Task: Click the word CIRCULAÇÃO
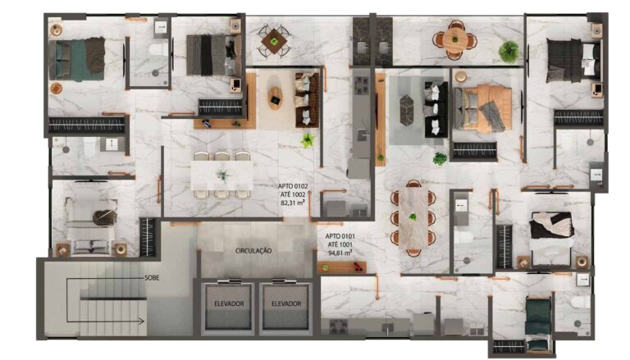tap(253, 251)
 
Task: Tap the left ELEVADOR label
tap(229, 303)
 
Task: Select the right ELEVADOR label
tap(286, 303)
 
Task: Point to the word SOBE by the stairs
tap(152, 278)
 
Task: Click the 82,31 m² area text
tap(293, 203)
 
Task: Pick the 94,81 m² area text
tap(340, 253)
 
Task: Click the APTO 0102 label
tap(293, 186)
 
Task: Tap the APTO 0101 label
tap(340, 236)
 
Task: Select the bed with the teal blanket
tap(77, 60)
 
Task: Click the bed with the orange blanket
tap(482, 108)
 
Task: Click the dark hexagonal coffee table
tap(406, 111)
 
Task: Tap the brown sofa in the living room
tap(308, 100)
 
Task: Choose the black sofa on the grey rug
tap(436, 109)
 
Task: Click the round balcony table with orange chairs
tap(454, 40)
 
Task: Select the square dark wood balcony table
tap(275, 40)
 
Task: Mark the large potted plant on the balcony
tap(509, 52)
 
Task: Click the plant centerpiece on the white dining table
tap(223, 175)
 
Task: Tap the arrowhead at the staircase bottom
tap(141, 321)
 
